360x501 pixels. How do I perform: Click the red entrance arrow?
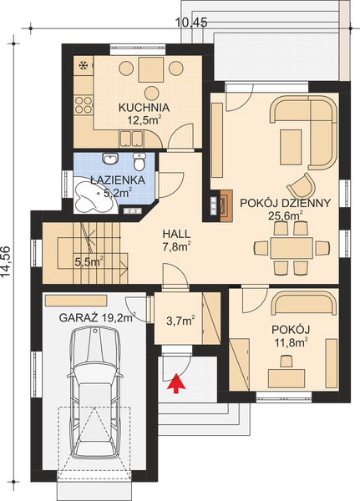pos(175,384)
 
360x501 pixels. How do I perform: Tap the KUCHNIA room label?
pos(144,107)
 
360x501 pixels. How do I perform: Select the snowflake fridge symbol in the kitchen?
pos(83,65)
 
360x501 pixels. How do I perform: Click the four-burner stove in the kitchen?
pos(84,104)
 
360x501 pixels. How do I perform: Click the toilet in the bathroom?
pos(139,159)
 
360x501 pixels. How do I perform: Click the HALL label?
pos(176,235)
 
